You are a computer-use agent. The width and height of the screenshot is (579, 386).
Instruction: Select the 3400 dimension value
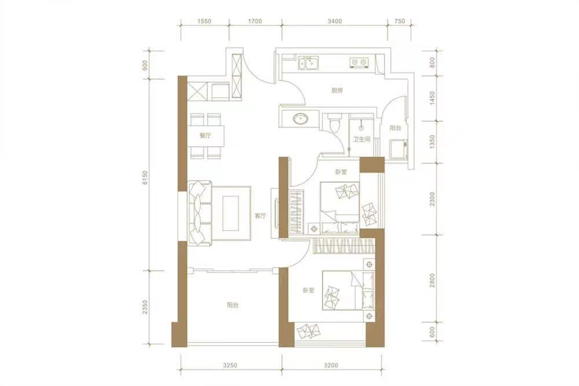click(335, 21)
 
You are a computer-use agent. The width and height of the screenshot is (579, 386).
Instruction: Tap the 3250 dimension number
click(230, 366)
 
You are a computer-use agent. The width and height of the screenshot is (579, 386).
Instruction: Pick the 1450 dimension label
click(432, 96)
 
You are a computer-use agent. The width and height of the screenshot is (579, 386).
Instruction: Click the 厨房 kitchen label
click(338, 90)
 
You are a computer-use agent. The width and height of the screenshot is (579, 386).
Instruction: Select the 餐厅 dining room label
click(204, 135)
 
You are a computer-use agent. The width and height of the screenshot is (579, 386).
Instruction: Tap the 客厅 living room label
click(260, 216)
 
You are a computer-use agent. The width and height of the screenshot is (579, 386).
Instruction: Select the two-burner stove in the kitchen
click(358, 62)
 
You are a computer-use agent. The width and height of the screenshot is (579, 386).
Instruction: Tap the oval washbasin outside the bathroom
click(300, 119)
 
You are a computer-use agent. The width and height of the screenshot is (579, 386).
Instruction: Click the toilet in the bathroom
click(334, 123)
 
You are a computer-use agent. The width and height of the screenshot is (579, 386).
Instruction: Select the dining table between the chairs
click(206, 136)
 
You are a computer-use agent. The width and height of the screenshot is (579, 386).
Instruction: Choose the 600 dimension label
click(432, 334)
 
